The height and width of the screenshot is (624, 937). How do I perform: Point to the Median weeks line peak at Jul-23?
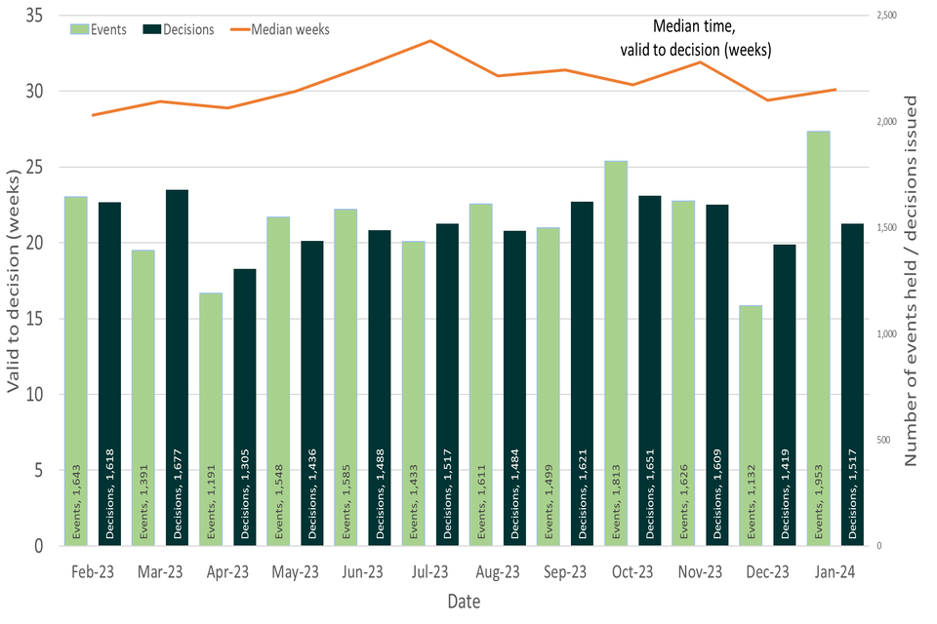point(430,41)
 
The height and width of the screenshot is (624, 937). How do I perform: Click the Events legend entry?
point(98,29)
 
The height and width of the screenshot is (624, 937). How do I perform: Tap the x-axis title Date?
point(464,603)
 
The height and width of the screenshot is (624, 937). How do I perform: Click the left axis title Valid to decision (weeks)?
point(14,282)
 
